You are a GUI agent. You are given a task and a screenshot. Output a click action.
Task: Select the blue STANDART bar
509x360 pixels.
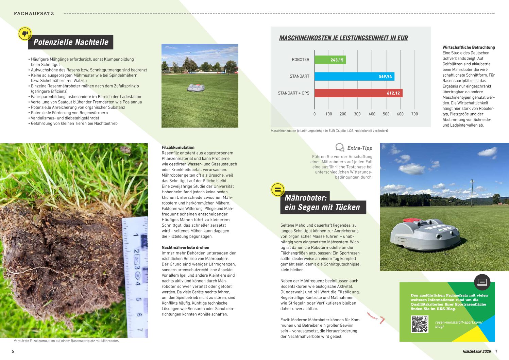(354, 76)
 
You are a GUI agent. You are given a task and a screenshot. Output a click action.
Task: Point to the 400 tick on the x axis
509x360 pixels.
(372, 114)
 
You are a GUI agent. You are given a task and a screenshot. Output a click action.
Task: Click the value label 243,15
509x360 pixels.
(337, 60)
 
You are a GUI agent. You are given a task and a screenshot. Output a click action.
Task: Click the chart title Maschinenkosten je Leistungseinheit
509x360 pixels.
(343, 38)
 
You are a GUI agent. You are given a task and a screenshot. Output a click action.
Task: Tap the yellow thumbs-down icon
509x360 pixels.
(25, 34)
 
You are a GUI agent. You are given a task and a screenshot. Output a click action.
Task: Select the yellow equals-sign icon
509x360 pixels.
(277, 190)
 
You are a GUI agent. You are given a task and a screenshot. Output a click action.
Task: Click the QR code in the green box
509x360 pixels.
(420, 324)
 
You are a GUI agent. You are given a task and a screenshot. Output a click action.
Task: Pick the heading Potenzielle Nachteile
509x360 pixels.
(71, 42)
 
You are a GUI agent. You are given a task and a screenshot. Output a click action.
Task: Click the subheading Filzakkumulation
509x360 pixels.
(178, 147)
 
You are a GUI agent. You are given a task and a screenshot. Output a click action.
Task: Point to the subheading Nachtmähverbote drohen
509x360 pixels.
(185, 247)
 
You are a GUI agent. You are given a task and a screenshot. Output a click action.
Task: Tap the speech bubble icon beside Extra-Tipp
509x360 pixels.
(339, 147)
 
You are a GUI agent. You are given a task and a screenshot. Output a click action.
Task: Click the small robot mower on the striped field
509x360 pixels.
(196, 88)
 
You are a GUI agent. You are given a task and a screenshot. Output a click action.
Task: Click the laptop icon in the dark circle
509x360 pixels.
(482, 282)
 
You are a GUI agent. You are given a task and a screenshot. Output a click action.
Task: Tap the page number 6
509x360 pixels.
(13, 351)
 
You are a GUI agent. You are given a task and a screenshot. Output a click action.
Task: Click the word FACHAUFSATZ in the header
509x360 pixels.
(34, 14)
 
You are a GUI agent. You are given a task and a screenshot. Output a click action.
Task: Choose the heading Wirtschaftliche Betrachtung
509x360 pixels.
(468, 47)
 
